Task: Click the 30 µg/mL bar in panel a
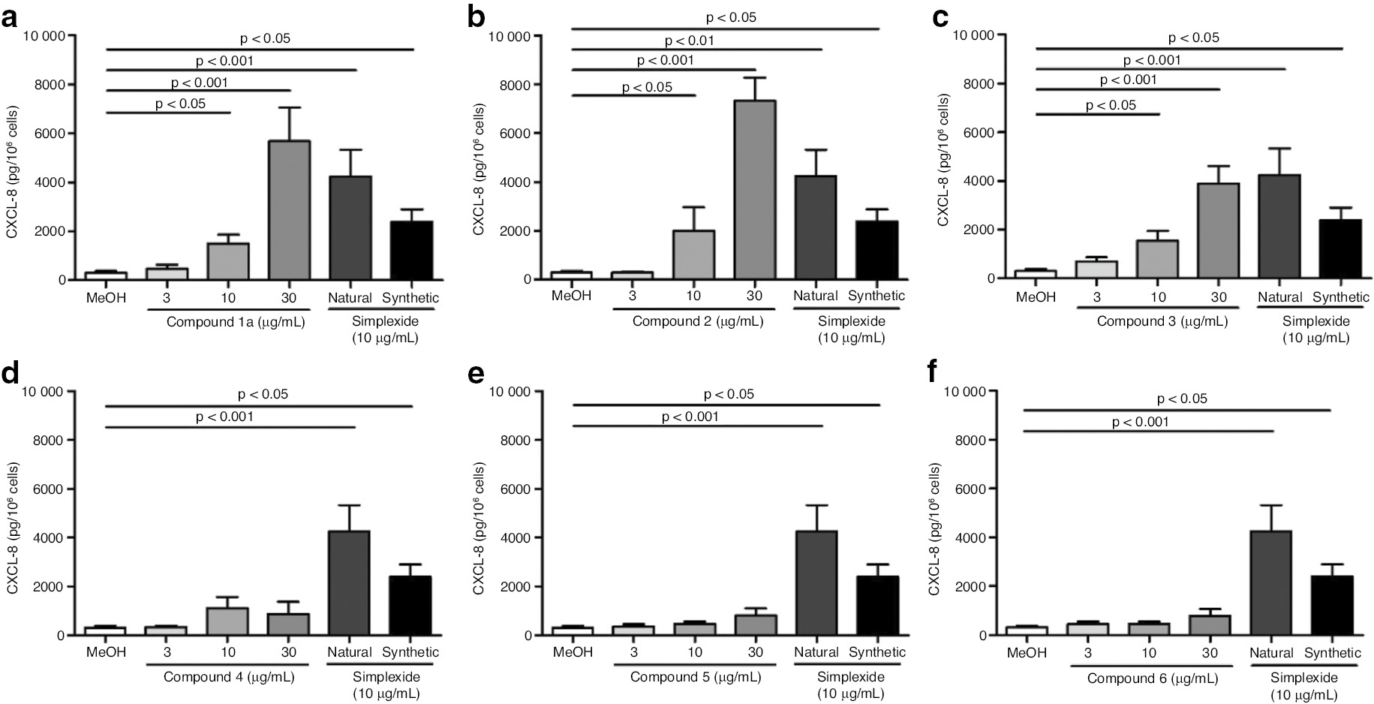click(x=289, y=210)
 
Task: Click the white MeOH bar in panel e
click(x=573, y=631)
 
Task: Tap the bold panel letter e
click(x=475, y=373)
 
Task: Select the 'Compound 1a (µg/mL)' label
click(x=235, y=321)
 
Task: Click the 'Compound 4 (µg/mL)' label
click(x=229, y=677)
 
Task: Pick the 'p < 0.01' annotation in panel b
click(x=689, y=41)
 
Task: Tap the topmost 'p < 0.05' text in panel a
click(x=264, y=38)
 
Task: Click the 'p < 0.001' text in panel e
click(x=690, y=417)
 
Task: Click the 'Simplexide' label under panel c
click(x=1315, y=321)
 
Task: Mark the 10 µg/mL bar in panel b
click(x=693, y=255)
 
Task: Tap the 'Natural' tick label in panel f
click(x=1272, y=653)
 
